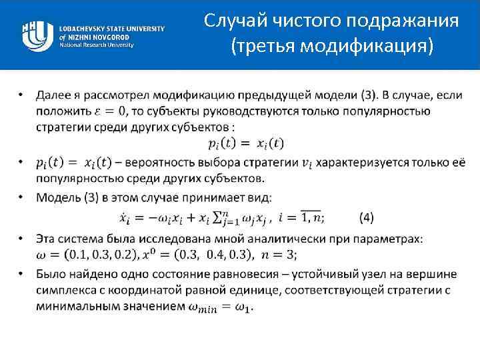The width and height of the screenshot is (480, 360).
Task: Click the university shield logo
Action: [37, 34]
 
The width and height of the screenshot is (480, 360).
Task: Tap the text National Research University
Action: [97, 45]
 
